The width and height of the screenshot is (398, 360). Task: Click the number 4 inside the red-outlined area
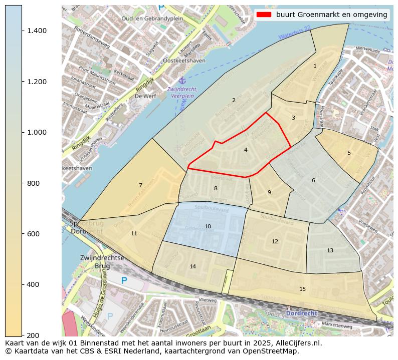(x=246, y=150)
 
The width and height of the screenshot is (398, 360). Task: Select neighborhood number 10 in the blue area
(x=208, y=227)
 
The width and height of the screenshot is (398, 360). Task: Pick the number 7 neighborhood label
(x=140, y=185)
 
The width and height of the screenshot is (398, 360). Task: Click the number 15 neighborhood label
(x=302, y=289)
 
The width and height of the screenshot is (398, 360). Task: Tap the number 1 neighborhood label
(x=315, y=66)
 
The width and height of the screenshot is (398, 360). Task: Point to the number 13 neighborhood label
(x=330, y=250)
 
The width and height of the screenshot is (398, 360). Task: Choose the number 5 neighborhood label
(x=349, y=153)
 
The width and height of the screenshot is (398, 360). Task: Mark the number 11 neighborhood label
(x=134, y=234)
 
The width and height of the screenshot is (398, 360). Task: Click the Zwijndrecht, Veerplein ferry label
(x=183, y=92)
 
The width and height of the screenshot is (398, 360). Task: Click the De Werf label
(x=146, y=96)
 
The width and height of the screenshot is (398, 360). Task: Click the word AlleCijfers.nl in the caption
(x=296, y=343)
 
